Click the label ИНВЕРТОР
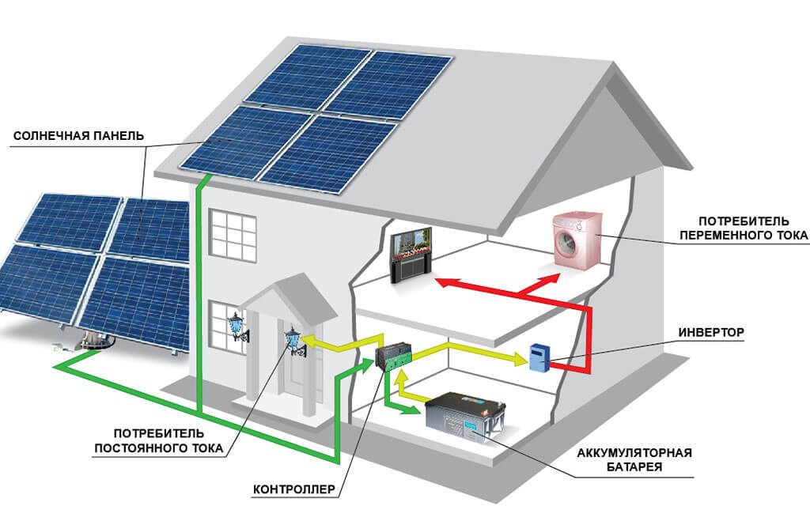click(711, 332)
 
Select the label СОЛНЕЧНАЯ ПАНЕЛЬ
click(78, 136)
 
